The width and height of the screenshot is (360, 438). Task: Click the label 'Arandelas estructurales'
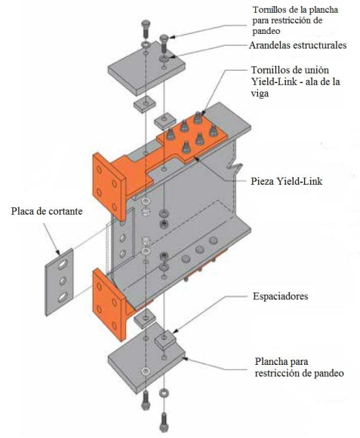tap(297, 45)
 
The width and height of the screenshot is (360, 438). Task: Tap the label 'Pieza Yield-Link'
tap(287, 181)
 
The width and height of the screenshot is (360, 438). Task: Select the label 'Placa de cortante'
tap(47, 211)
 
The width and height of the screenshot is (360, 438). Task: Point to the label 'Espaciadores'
tap(280, 296)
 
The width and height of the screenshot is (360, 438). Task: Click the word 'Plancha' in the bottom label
tap(271, 361)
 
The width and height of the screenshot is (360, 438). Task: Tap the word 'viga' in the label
tap(260, 93)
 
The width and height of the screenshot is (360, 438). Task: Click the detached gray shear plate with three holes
tap(60, 282)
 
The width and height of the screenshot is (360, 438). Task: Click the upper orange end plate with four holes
tap(109, 187)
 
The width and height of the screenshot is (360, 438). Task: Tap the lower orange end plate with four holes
tap(109, 304)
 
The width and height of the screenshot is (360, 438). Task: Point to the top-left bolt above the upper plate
tap(146, 29)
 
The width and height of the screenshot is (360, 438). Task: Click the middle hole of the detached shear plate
tap(63, 280)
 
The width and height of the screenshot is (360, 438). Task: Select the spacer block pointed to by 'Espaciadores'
tap(165, 339)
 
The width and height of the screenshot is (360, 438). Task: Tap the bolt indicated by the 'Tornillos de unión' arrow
tap(198, 118)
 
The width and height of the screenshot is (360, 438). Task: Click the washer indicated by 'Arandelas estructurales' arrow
tap(164, 59)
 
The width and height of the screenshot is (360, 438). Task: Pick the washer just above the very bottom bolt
tap(164, 393)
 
